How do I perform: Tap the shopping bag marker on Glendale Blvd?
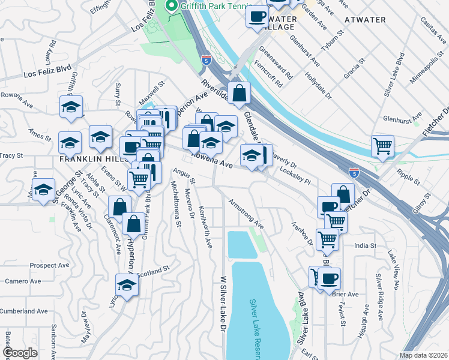[x=239, y=94]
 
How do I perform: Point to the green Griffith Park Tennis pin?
[x=171, y=7]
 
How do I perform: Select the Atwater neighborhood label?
[x=365, y=20]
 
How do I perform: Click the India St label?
[x=365, y=245]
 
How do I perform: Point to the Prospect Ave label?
[x=50, y=265]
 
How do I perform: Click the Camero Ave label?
[x=23, y=281]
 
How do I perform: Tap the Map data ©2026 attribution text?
[x=423, y=355]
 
